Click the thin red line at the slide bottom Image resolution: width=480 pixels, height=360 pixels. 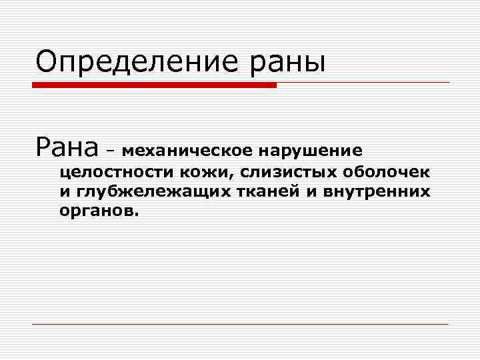pos(240,324)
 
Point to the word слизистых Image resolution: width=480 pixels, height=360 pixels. pos(290,173)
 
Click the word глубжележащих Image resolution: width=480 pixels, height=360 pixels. pos(147,193)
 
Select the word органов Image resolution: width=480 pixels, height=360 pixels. pos(97,213)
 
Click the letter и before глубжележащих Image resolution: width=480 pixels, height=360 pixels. pos(64,193)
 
